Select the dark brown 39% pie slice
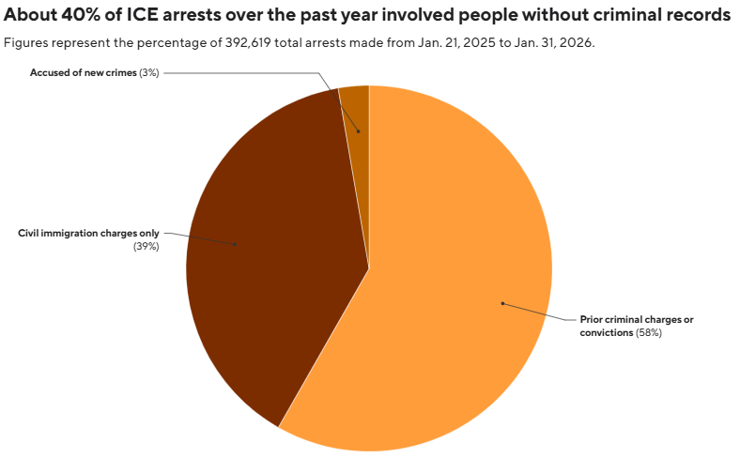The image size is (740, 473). (272, 253)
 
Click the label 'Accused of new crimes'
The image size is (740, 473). (83, 72)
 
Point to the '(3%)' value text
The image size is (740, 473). (148, 72)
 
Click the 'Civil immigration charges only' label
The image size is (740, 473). (88, 233)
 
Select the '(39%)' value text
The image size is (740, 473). (146, 246)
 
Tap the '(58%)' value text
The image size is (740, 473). (648, 333)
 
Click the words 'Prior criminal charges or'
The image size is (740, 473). (636, 320)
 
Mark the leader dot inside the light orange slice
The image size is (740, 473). (502, 303)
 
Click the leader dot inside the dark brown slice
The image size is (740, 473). (235, 245)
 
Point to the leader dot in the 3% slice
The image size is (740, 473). (357, 131)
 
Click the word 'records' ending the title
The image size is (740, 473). (697, 16)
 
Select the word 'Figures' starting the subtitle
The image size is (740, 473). (25, 43)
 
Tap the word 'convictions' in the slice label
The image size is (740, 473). (605, 333)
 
